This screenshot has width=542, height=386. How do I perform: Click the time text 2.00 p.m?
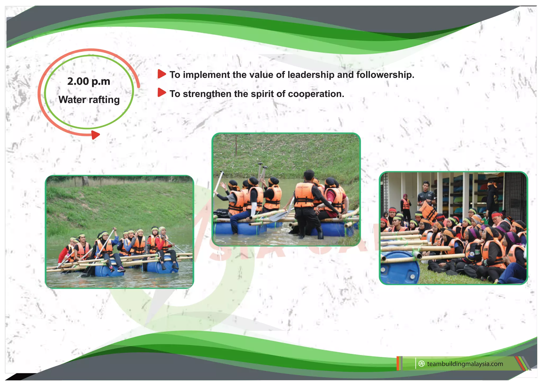pyautogui.click(x=89, y=81)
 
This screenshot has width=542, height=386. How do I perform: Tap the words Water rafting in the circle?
pyautogui.click(x=89, y=100)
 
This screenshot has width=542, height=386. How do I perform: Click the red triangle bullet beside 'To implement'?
pyautogui.click(x=161, y=74)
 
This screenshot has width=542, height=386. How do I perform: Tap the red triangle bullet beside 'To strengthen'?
pyautogui.click(x=161, y=93)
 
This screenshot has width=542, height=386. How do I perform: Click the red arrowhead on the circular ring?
pyautogui.click(x=95, y=135)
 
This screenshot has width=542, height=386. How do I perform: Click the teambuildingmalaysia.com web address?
pyautogui.click(x=465, y=364)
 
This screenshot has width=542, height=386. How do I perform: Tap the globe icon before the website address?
pyautogui.click(x=422, y=364)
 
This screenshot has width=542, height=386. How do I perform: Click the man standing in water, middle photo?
pyautogui.click(x=307, y=206)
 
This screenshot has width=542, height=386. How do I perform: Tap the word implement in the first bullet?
pyautogui.click(x=206, y=75)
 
